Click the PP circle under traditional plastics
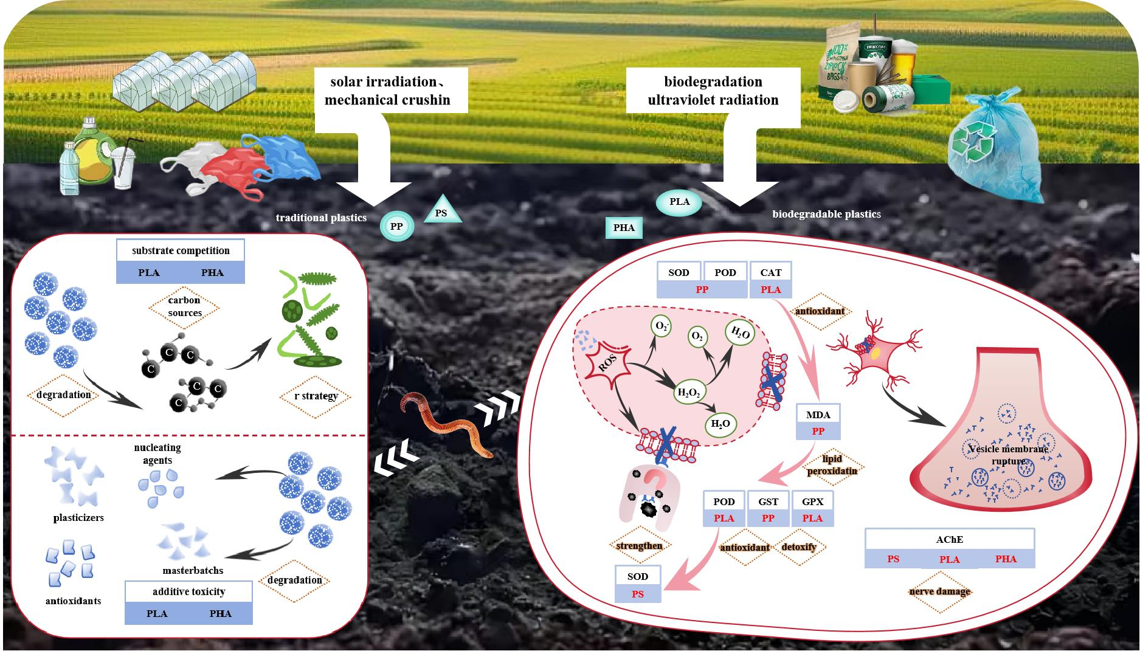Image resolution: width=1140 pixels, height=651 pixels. click(x=396, y=227)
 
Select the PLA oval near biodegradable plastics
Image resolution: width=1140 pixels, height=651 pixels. click(x=679, y=202)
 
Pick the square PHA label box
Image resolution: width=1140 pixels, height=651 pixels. click(x=624, y=228)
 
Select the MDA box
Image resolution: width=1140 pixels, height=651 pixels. click(x=818, y=415)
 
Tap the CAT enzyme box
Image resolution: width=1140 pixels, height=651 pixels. click(x=770, y=272)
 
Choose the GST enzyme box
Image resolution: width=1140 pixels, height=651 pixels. click(x=769, y=501)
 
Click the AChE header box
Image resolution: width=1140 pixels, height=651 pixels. click(x=949, y=539)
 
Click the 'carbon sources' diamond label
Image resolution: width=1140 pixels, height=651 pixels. click(x=185, y=307)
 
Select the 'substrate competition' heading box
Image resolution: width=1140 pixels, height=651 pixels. click(x=181, y=250)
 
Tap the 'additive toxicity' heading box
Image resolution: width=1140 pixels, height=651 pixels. click(x=188, y=591)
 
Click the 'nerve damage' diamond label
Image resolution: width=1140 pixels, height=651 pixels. click(x=939, y=591)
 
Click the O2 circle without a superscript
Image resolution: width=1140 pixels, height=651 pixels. click(x=697, y=337)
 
